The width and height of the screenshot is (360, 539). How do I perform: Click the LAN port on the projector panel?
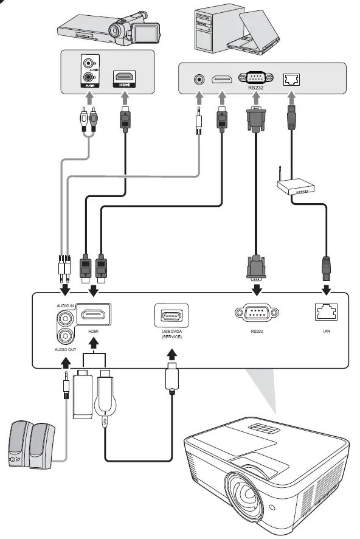[x=325, y=312]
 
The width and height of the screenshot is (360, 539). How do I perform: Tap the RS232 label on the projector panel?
[x=256, y=332]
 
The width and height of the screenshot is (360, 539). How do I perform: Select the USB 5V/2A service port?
[x=171, y=315]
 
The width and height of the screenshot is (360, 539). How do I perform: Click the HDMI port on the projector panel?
[x=94, y=315]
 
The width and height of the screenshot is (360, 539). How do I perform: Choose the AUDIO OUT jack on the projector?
[x=64, y=335]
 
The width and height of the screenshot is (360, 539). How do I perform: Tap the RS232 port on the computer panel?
[x=256, y=78]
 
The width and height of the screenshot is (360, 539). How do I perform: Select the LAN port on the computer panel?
[x=292, y=79]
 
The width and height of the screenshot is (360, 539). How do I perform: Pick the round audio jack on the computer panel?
[x=198, y=79]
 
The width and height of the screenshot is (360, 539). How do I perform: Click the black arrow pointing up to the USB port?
[x=172, y=355]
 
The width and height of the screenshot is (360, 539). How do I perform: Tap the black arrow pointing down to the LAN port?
[x=325, y=289]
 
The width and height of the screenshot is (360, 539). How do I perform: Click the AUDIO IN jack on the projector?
[x=64, y=318]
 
